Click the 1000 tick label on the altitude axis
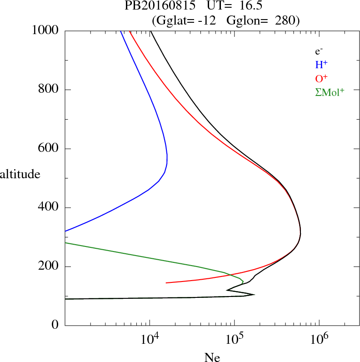(x=45, y=30)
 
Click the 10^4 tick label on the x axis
(x=150, y=339)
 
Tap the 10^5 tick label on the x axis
(x=234, y=339)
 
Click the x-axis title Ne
(x=212, y=357)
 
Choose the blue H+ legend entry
(x=321, y=65)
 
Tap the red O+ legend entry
(x=321, y=78)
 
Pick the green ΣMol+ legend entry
(x=330, y=91)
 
